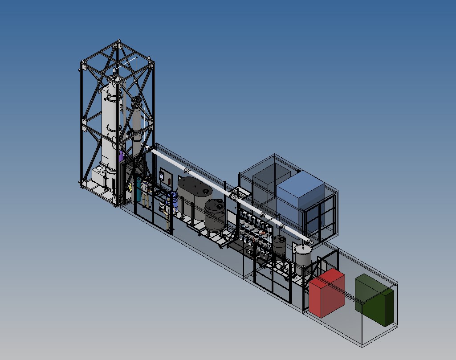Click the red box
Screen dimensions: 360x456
[327, 294]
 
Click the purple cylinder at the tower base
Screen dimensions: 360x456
[121, 156]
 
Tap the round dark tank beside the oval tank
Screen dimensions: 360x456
[215, 214]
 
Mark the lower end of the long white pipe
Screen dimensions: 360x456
[310, 242]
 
